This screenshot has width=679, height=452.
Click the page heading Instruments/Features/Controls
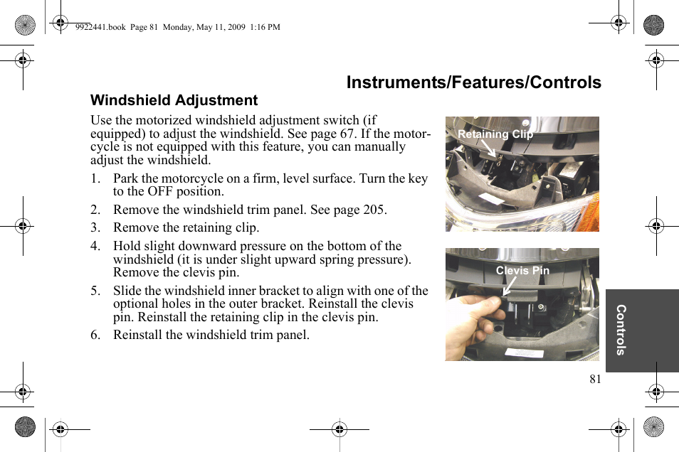(x=473, y=82)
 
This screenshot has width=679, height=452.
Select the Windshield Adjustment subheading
(x=174, y=100)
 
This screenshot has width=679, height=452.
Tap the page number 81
(x=595, y=379)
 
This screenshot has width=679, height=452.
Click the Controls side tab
(x=621, y=330)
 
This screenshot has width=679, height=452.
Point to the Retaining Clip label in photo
(x=495, y=134)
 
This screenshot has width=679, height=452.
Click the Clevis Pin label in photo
(x=522, y=270)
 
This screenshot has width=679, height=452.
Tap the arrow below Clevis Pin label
(x=509, y=286)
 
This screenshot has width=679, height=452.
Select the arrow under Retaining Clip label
(x=488, y=149)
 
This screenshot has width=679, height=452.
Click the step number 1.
(x=95, y=178)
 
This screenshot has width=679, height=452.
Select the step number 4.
(x=95, y=246)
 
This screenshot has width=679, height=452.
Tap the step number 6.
(x=95, y=335)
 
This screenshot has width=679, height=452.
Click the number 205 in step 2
(x=372, y=210)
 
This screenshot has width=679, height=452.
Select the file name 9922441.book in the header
(x=100, y=27)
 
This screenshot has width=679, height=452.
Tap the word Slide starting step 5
(x=127, y=291)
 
